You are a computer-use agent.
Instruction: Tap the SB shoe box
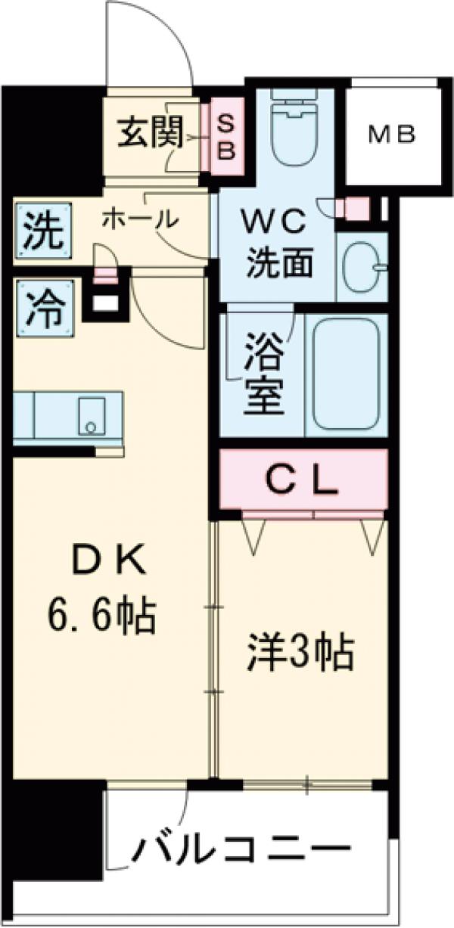click(x=226, y=137)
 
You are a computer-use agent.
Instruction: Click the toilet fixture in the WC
click(x=295, y=129)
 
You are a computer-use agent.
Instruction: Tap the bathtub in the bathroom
click(x=346, y=374)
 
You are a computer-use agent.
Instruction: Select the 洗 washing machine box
click(x=42, y=233)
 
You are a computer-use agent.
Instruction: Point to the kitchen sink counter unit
click(x=68, y=414)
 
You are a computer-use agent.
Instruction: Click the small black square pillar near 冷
click(x=106, y=303)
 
